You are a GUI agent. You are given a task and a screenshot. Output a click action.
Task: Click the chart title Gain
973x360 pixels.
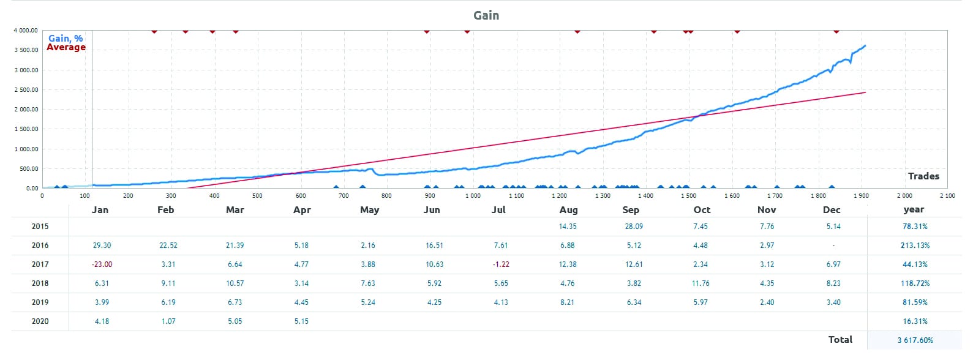coord(486,15)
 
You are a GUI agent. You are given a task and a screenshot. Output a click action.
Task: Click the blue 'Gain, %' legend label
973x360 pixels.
coord(66,38)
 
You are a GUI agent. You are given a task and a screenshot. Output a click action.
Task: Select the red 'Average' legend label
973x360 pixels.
coord(66,47)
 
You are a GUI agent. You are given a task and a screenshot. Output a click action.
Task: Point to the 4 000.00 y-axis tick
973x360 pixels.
coord(25,30)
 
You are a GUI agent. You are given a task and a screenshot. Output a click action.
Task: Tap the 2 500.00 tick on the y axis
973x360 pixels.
coord(25,89)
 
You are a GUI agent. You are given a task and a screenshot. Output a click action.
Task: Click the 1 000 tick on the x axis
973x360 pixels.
coord(473,196)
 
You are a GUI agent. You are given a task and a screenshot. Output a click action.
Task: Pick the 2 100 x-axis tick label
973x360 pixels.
coord(947,196)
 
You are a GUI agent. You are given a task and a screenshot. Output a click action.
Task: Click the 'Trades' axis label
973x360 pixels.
coord(923,176)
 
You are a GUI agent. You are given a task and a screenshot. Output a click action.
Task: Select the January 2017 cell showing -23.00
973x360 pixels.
coord(102,264)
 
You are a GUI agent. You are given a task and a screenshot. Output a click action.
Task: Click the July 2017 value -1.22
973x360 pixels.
coord(500,264)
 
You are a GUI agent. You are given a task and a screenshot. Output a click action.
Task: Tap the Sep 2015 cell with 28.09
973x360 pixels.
coord(634,227)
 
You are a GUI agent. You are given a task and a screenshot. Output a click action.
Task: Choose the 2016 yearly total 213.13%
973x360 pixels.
coord(915,246)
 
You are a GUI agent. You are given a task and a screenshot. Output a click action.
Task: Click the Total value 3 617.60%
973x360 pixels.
coord(915,340)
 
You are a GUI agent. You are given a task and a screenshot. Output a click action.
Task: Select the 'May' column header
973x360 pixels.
coord(369,209)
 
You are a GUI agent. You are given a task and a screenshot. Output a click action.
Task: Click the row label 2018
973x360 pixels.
coord(40,283)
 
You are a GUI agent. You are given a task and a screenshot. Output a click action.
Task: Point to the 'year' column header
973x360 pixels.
coord(914,209)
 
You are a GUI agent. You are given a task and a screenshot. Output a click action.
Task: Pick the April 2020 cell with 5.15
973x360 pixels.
coord(301,321)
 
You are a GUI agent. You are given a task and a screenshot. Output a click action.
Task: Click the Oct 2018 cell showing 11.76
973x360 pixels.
coord(701,283)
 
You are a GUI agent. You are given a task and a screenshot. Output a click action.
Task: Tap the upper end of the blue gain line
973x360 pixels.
coord(865,45)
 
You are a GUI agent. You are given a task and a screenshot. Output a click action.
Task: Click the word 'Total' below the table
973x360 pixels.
coord(840,340)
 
